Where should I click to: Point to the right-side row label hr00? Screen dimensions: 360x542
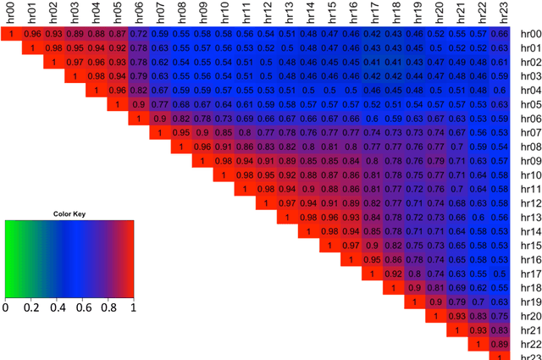point(530,33)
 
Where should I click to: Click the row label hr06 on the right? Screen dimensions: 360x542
point(530,119)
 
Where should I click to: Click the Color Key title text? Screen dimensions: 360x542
point(69,213)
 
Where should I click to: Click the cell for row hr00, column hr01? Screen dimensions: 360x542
point(33,33)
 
